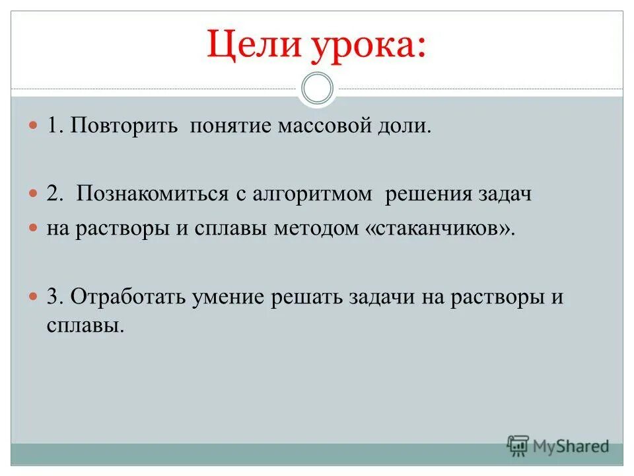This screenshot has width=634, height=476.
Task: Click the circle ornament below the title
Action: tap(317, 89)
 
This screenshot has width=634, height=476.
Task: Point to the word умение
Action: tap(229, 297)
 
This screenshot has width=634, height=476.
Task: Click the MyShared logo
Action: tap(558, 446)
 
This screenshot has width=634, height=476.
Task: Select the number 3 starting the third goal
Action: tap(53, 296)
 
